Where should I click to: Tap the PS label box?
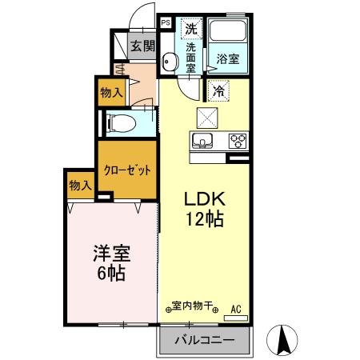[x=165, y=24]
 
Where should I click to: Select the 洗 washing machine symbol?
[x=190, y=29]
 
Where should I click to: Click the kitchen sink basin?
[x=202, y=142]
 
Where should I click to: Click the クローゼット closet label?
[x=127, y=170]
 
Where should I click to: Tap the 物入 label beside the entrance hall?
[x=112, y=93]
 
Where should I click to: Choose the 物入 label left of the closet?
[x=80, y=186]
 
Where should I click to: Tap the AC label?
[x=236, y=307]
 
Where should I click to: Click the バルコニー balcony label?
[x=206, y=340]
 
